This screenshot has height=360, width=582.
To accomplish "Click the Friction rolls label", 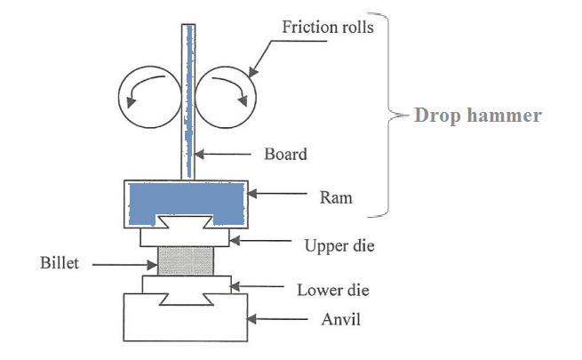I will point(328,26).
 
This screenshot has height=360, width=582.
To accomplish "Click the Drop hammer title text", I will point(478,116).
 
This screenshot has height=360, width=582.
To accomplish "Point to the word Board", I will point(285,154).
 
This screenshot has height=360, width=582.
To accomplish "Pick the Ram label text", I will point(335,198).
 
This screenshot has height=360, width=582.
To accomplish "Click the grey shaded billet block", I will point(187,262).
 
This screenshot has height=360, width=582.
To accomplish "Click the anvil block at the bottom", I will point(187,320).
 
